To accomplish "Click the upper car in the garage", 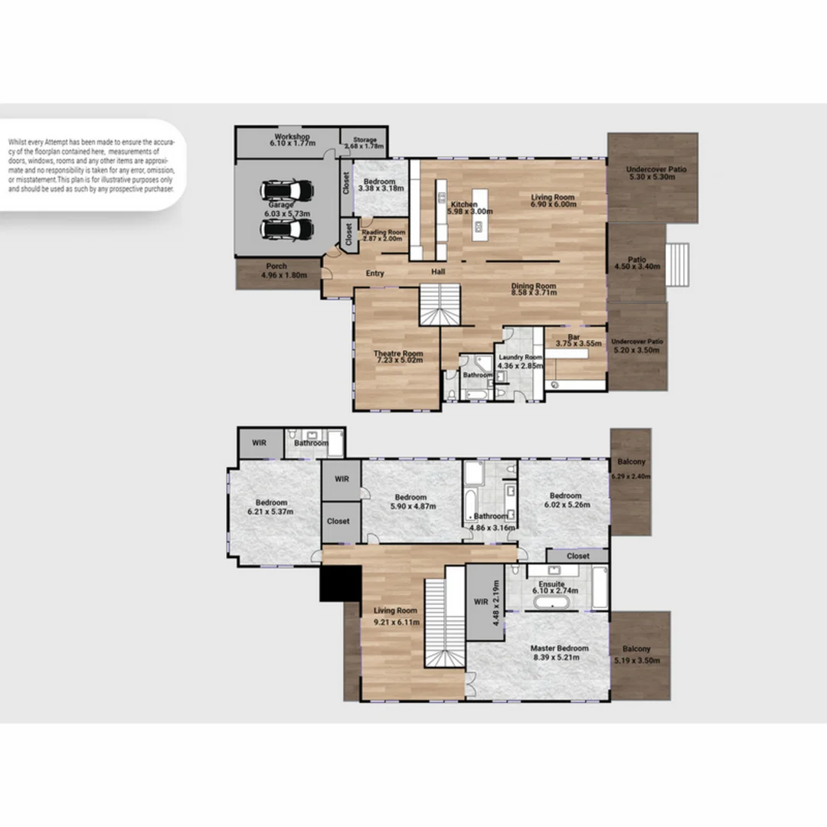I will pyautogui.click(x=286, y=191).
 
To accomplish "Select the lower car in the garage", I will pyautogui.click(x=286, y=229).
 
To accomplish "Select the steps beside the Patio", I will pyautogui.click(x=678, y=264).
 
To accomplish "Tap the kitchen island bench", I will pyautogui.click(x=480, y=215).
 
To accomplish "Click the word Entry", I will pyautogui.click(x=374, y=273).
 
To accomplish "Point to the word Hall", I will pyautogui.click(x=437, y=272).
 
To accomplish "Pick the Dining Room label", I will pyautogui.click(x=534, y=286).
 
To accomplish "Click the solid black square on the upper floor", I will pyautogui.click(x=340, y=583).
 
